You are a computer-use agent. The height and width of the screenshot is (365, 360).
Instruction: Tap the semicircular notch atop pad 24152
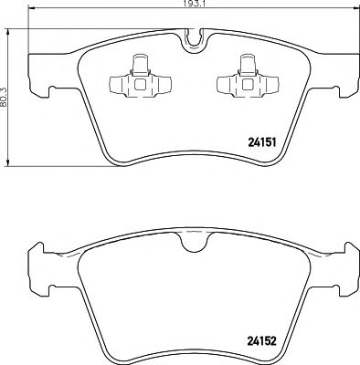click(191, 242)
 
